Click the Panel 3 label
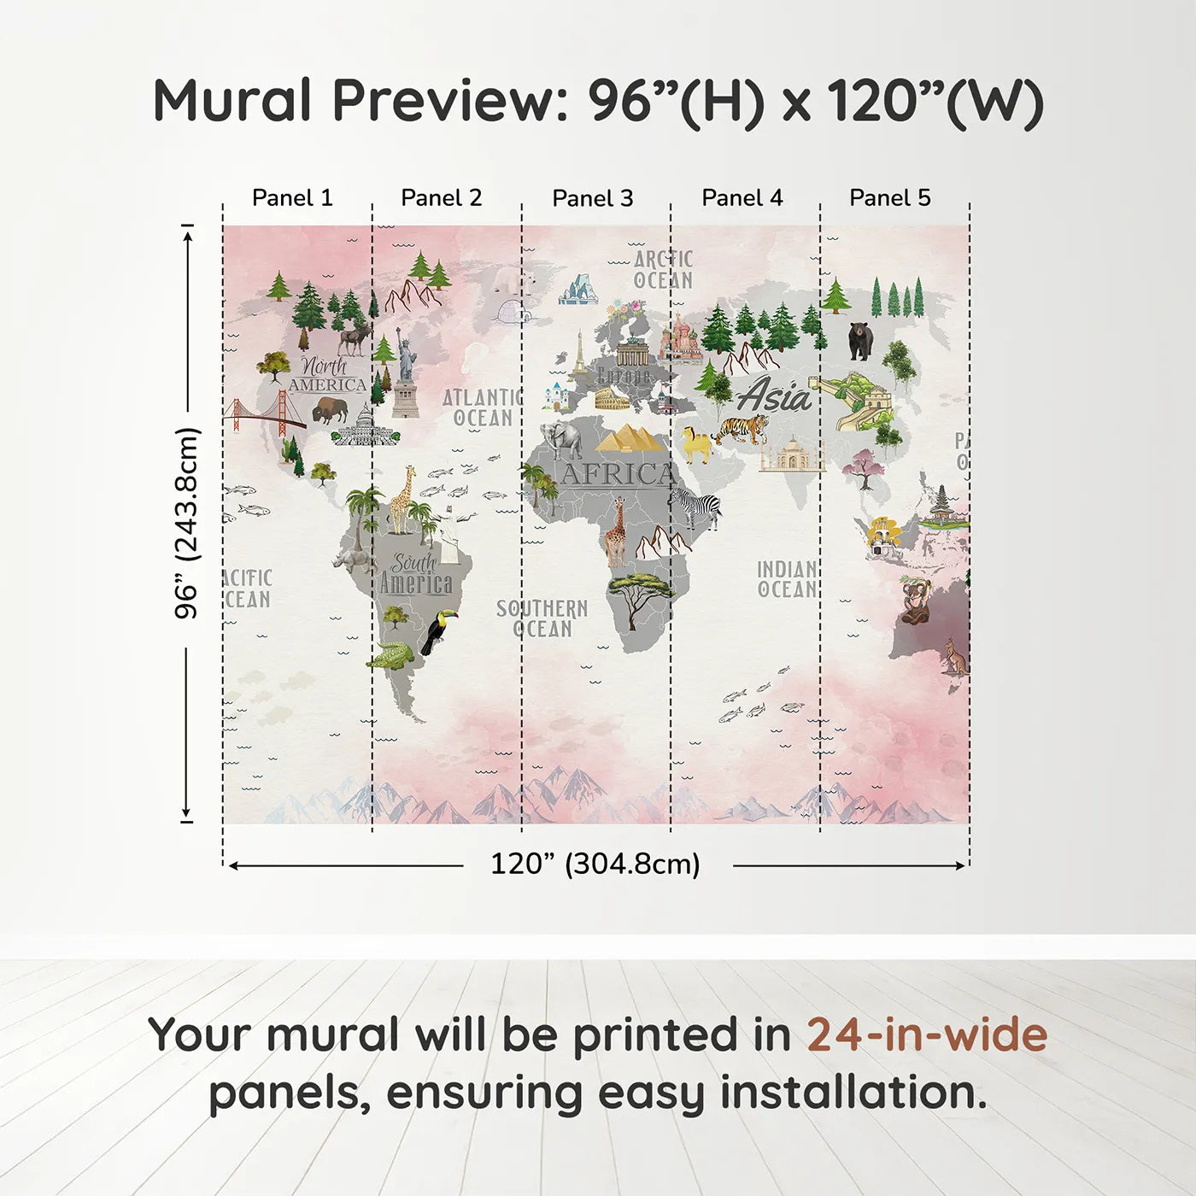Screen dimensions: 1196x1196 coord(593,198)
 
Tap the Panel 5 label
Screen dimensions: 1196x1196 coord(889,197)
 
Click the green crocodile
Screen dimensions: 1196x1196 coord(390,657)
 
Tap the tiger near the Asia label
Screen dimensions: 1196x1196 coord(742,429)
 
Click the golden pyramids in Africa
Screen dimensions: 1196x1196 coord(630,438)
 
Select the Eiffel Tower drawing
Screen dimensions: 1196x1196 coord(579,355)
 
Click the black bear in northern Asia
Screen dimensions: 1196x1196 coord(860,340)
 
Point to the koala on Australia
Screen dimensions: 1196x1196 coord(915,600)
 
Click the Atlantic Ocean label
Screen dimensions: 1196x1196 coord(483,407)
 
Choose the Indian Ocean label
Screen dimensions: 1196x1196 coord(787,579)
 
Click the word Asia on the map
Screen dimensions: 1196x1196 coord(774,396)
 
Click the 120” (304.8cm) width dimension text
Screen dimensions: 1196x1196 coord(595,864)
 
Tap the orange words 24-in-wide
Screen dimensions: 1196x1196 coord(927,1035)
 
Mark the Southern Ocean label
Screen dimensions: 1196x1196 coord(542,619)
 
